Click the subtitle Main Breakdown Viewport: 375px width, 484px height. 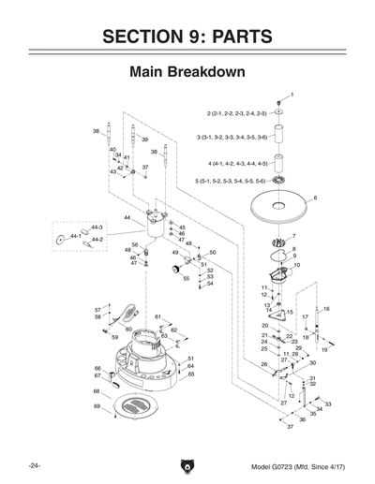[187, 72]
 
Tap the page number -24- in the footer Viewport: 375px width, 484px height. [35, 465]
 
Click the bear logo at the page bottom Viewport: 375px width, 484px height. [187, 465]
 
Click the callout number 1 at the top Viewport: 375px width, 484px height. [292, 95]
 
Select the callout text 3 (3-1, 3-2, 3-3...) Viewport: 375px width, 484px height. [232, 138]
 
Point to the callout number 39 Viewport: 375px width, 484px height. [144, 139]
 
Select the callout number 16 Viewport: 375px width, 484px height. [326, 309]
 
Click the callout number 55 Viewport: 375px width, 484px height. [186, 278]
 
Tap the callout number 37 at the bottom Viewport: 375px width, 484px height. [290, 427]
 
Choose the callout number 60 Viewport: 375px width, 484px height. [128, 330]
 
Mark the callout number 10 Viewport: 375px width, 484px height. [297, 266]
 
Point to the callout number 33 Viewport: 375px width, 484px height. [327, 403]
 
